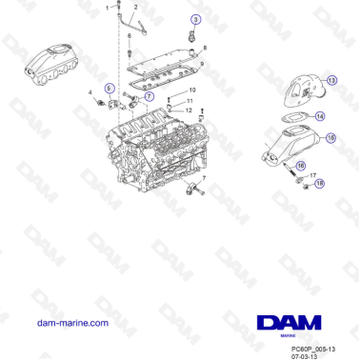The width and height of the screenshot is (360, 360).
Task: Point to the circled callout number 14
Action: point(320,116)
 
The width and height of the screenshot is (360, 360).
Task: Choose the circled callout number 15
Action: point(330,138)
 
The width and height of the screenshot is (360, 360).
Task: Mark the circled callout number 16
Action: point(301,166)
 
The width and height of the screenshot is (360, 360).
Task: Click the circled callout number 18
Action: point(319,182)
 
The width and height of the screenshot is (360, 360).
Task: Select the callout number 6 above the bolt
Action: point(130,35)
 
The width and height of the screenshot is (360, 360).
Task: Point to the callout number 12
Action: point(189,110)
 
